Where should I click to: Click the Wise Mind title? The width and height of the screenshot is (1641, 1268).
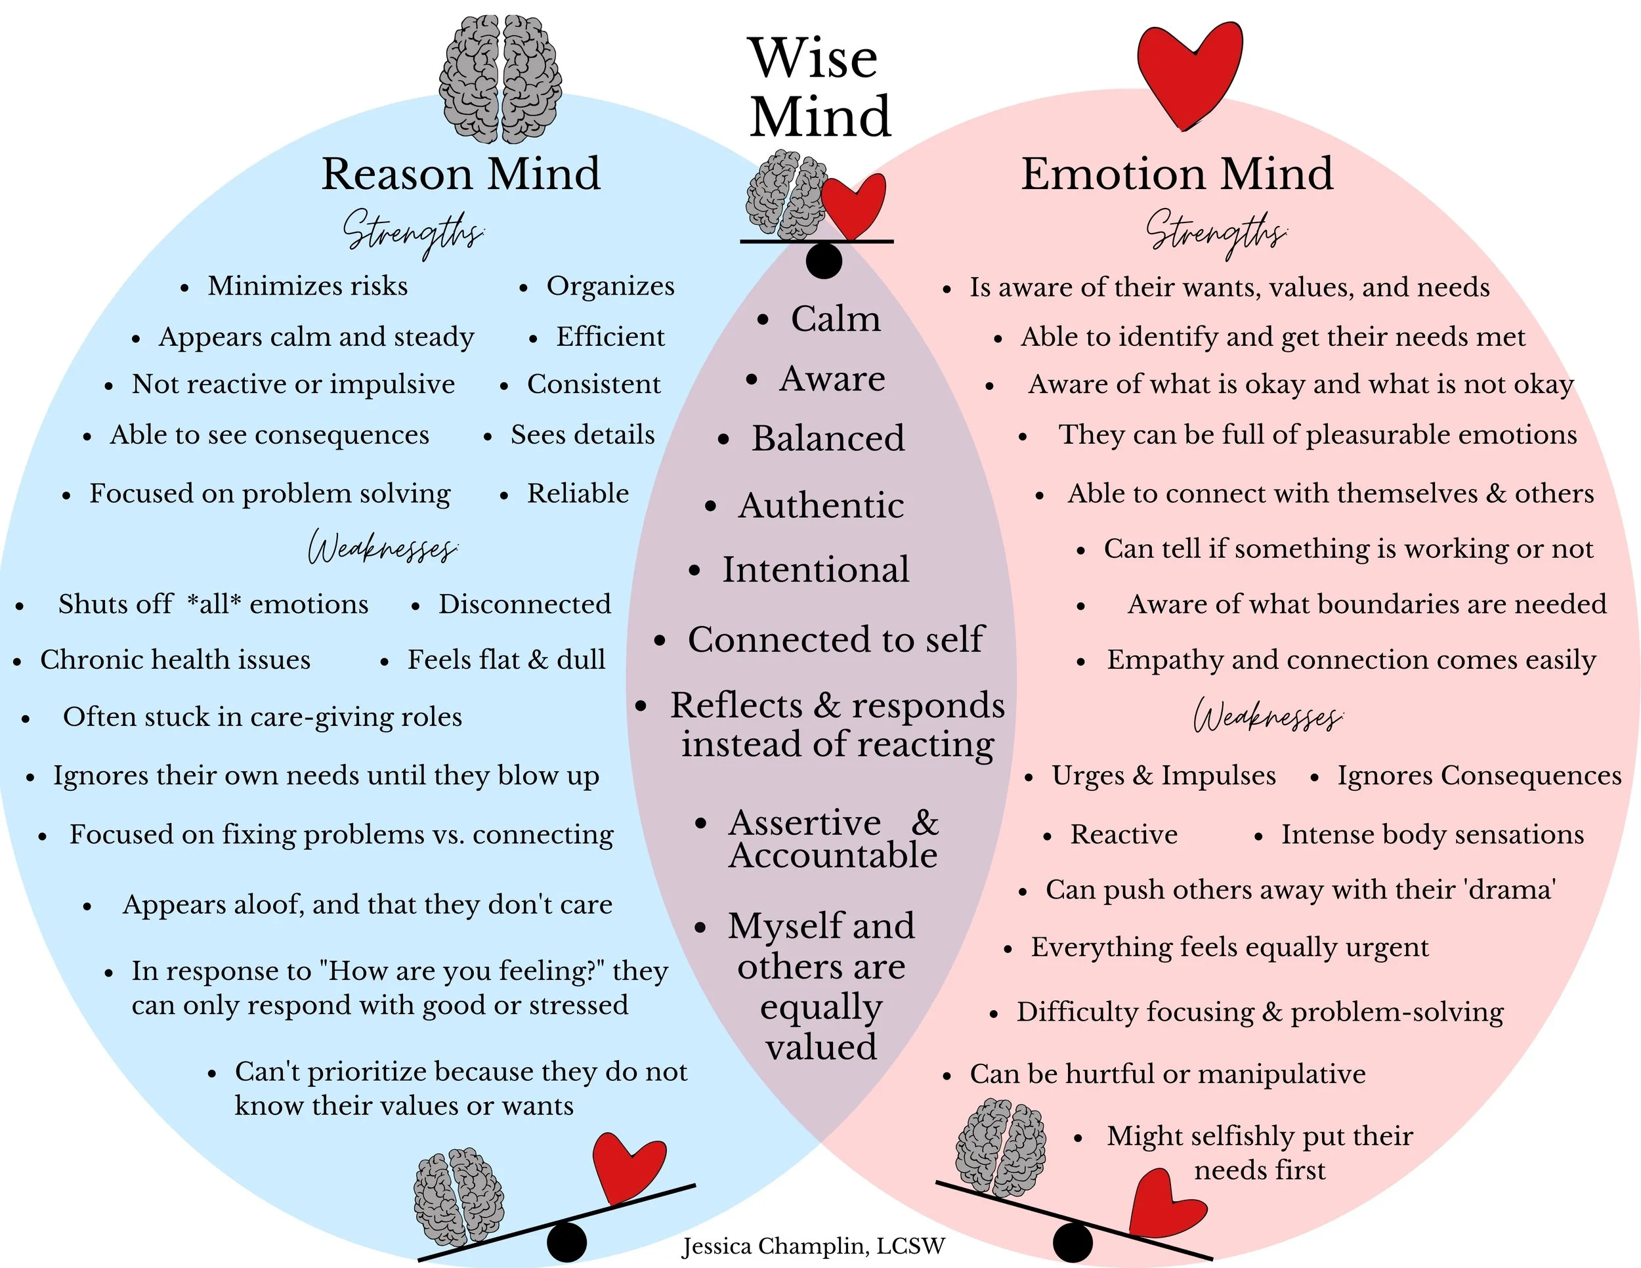point(819,88)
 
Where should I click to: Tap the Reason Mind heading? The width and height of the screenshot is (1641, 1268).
point(461,175)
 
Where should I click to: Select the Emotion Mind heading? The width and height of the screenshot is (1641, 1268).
point(1177,175)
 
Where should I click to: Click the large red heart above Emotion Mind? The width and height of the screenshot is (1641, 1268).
point(1189,72)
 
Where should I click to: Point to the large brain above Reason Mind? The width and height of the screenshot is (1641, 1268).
point(500,79)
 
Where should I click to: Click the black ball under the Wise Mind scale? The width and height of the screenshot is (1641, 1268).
point(824,261)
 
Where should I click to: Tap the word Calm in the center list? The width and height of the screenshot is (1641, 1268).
point(835,318)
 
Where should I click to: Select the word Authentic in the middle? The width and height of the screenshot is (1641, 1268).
point(820,505)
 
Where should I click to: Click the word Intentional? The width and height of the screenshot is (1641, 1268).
point(815,570)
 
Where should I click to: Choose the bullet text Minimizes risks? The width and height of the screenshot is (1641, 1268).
point(307,286)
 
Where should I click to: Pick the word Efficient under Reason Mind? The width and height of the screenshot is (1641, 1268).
point(610,337)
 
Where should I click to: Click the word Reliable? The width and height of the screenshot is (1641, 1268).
point(578,494)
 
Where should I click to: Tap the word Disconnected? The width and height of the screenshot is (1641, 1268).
point(524,604)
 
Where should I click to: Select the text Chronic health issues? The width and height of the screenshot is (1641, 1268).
point(175,660)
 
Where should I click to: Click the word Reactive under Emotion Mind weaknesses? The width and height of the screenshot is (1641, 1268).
point(1123,835)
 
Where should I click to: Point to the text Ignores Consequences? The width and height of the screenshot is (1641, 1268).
point(1479,775)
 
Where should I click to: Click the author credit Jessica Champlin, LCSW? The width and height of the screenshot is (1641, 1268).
point(813,1246)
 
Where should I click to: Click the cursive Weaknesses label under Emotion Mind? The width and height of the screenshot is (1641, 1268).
point(1268,716)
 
